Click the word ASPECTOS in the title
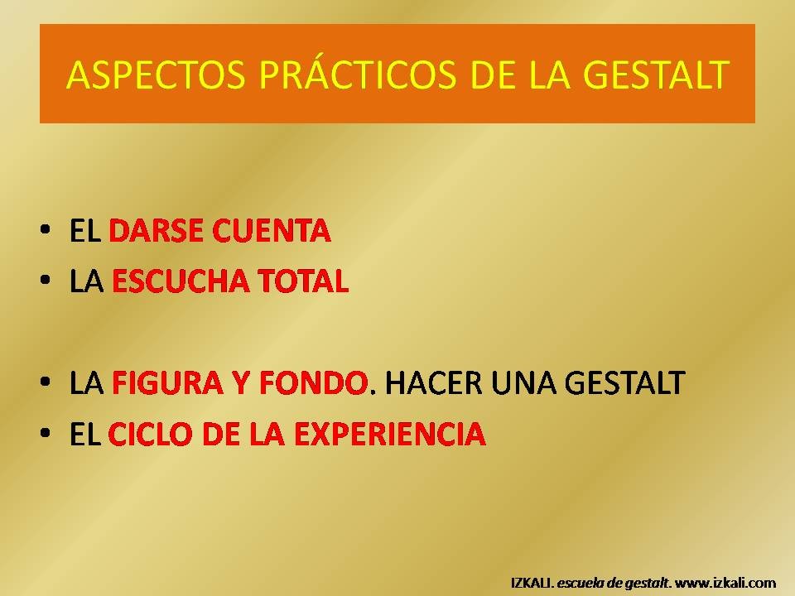click(x=156, y=75)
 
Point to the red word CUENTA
click(x=272, y=231)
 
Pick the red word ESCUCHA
click(x=180, y=281)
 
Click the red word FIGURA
click(x=167, y=382)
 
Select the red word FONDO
click(x=313, y=382)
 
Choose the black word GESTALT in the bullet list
click(x=624, y=382)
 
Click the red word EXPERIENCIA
click(x=390, y=435)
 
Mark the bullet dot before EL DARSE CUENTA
click(x=45, y=229)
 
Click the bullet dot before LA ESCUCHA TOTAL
click(x=45, y=280)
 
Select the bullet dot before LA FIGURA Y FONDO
click(x=45, y=382)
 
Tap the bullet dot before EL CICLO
click(x=45, y=433)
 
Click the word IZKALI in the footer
click(x=531, y=583)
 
